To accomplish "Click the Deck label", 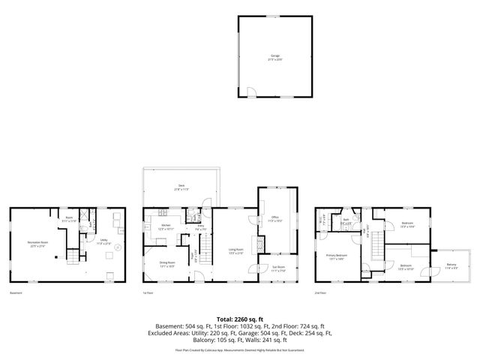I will coord(181,186).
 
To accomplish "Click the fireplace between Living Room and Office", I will coord(259,243).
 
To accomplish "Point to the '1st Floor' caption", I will coord(148,293).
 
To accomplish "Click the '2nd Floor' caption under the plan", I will coord(320,293).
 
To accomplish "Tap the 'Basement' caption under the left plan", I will coord(16,293).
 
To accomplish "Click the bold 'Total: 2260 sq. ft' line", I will coord(239,319).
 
